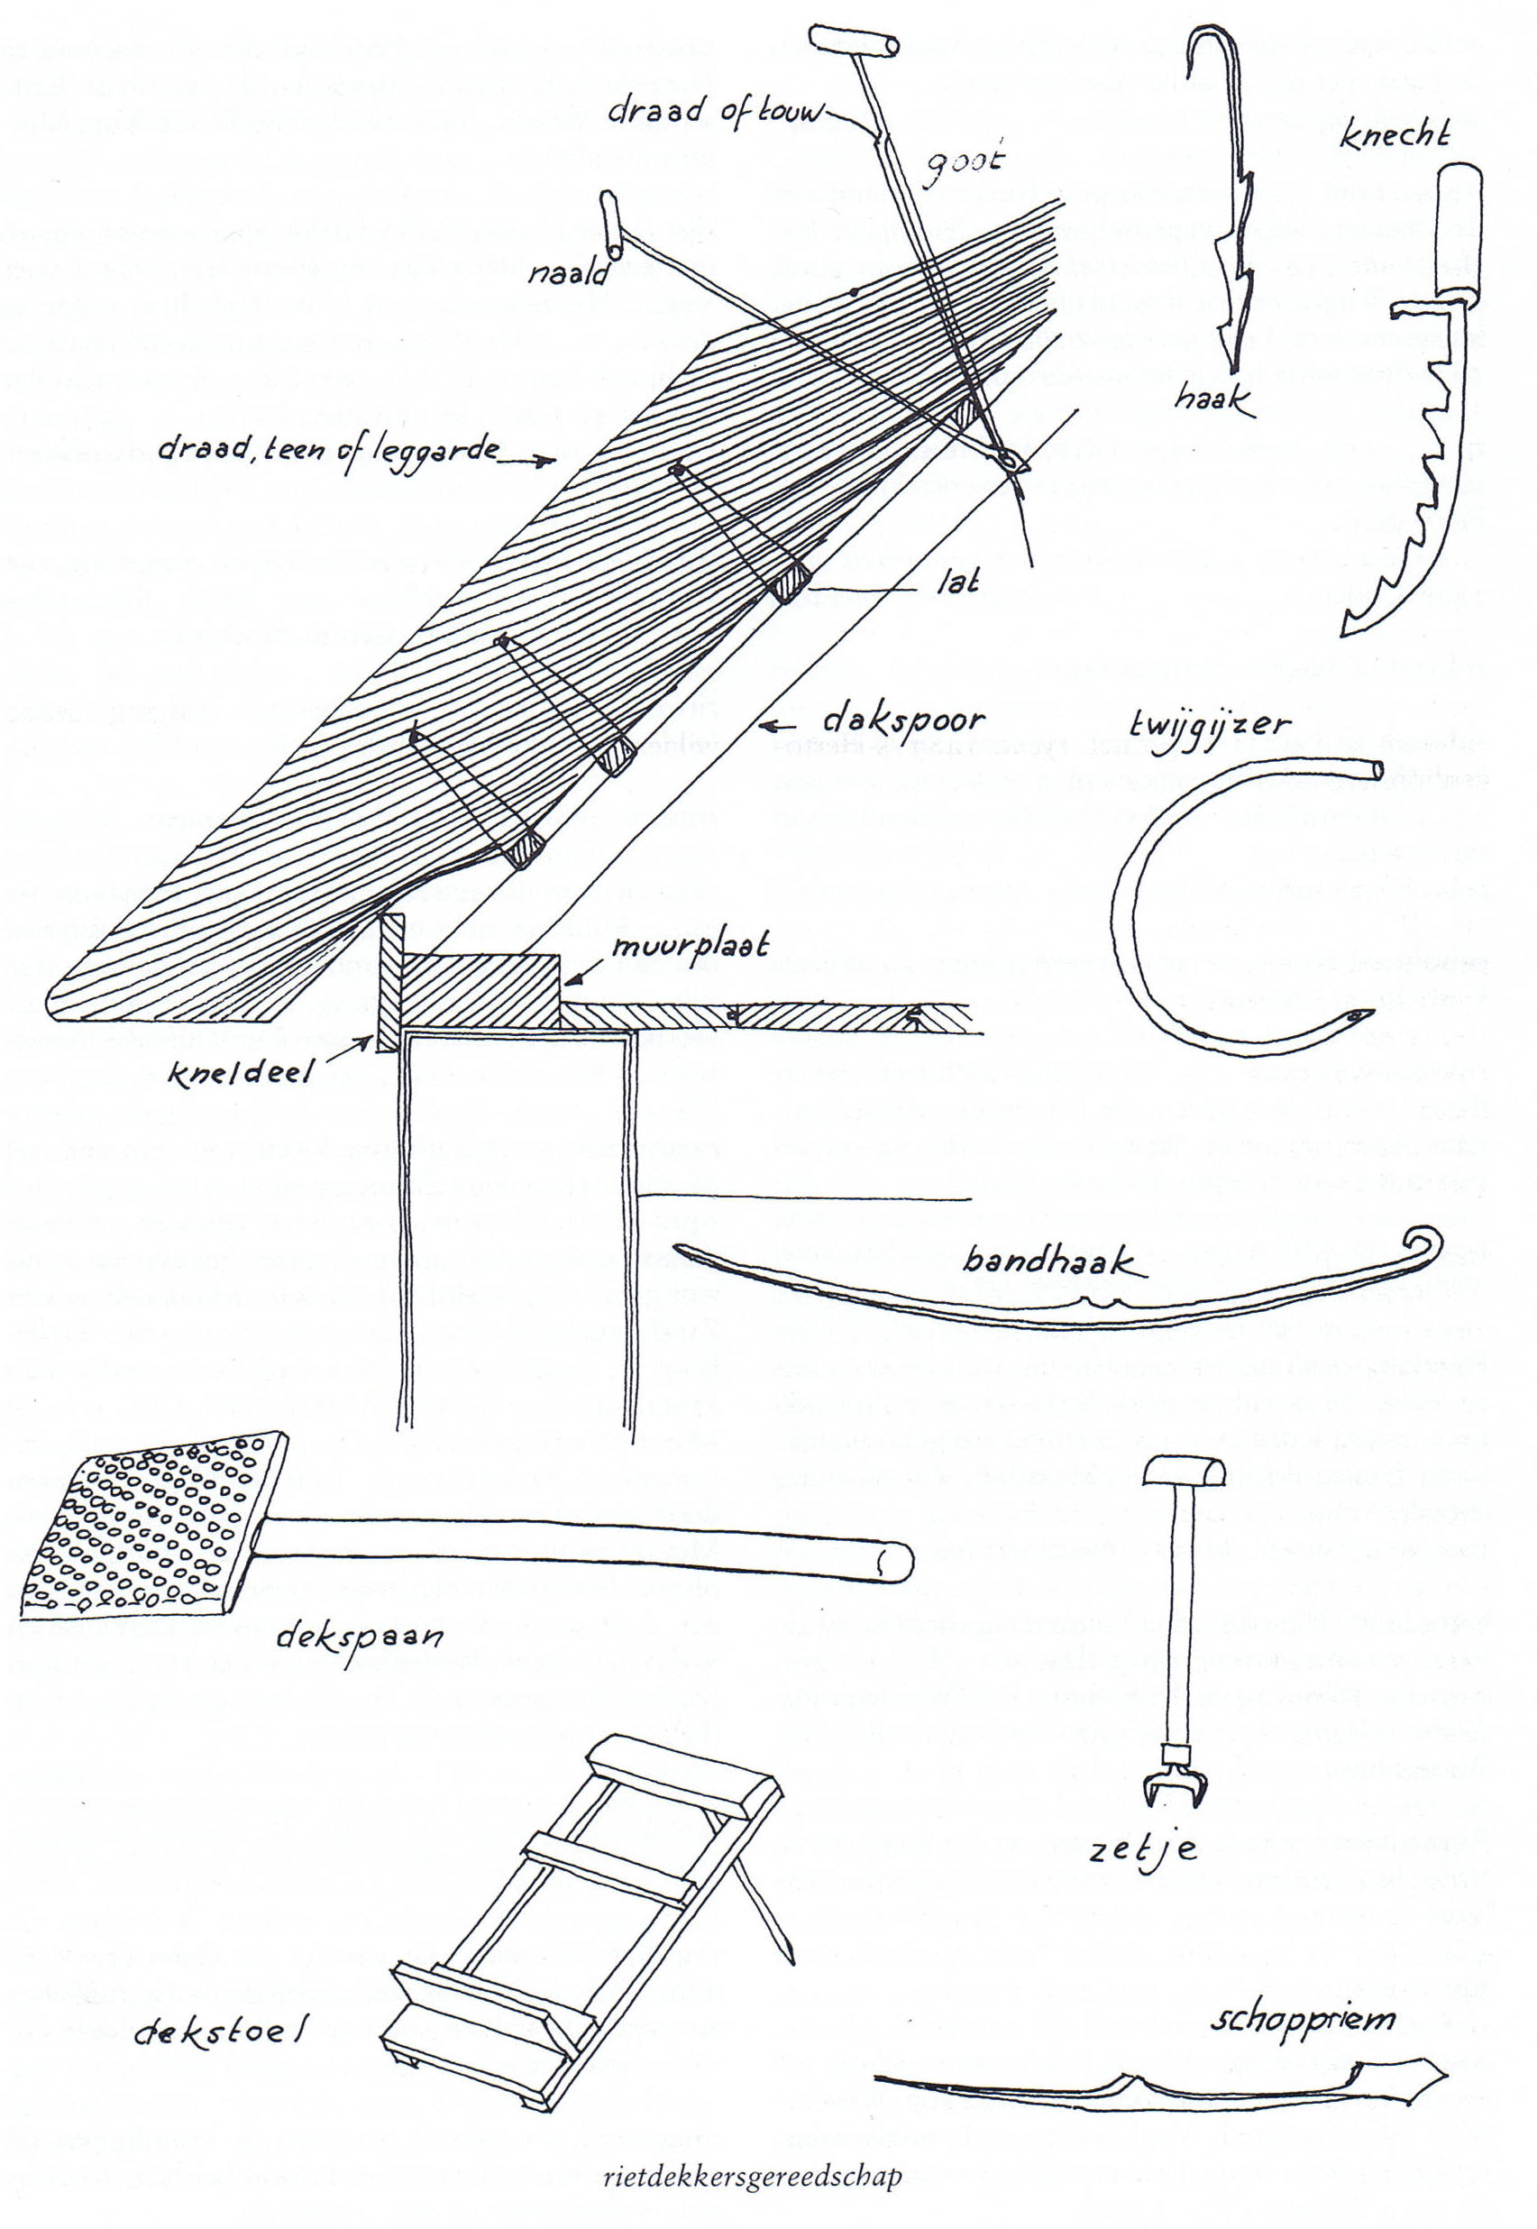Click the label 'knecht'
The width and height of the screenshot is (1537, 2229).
coord(1395,136)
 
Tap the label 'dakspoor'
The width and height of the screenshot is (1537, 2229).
coord(902,720)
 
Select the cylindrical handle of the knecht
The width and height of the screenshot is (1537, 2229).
coord(1459,230)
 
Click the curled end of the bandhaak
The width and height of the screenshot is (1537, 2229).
coord(1423,1243)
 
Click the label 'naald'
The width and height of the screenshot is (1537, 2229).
coord(568,274)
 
